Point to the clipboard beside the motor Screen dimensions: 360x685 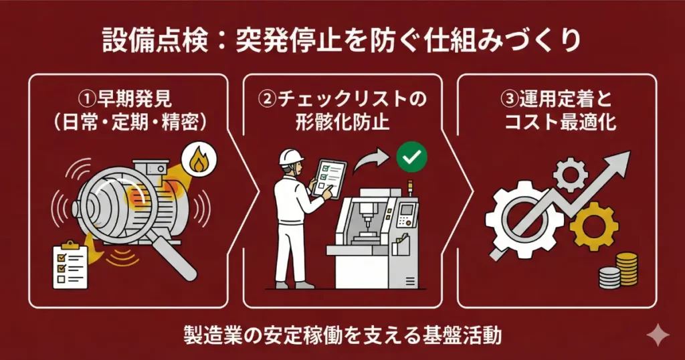coord(70,266)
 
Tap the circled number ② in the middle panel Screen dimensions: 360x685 coord(267,99)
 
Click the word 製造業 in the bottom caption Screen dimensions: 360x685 coord(207,335)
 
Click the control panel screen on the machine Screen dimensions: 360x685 coord(406,213)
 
